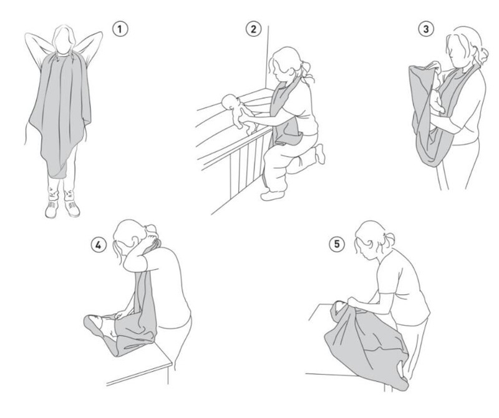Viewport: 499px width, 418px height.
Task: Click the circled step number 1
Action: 120,29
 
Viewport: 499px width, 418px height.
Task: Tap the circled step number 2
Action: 253,29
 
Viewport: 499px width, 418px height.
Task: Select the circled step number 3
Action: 426,29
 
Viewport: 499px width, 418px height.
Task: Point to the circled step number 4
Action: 99,245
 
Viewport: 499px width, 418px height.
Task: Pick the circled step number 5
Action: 337,244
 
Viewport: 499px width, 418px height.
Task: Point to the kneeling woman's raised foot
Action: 320,154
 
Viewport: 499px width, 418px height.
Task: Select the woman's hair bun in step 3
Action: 483,55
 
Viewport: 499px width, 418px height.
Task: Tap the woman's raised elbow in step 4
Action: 128,264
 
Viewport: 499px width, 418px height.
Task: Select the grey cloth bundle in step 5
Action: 366,344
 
